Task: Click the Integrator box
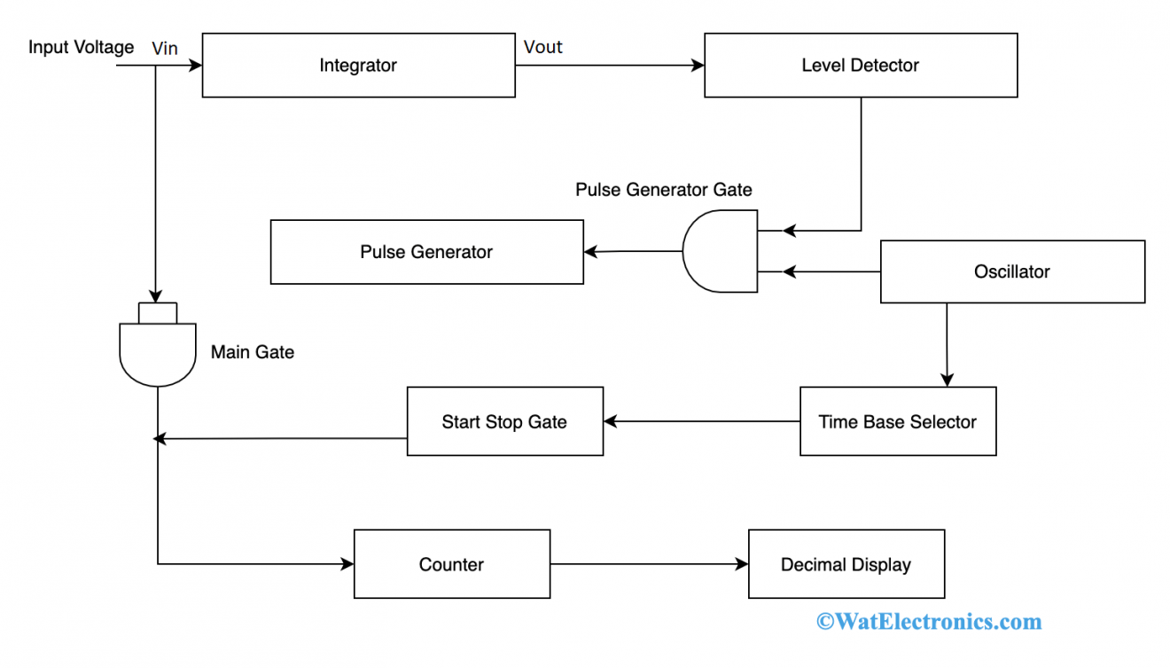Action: [x=358, y=66]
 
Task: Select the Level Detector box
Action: [x=860, y=66]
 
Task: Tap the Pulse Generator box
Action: [x=426, y=252]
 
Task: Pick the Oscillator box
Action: [x=1011, y=271]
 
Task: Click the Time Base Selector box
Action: [x=897, y=421]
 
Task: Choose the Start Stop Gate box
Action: [x=504, y=421]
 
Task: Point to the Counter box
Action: [x=451, y=564]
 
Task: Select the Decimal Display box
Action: [x=846, y=564]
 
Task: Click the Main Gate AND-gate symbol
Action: [x=158, y=351]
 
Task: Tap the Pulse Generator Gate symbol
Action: [x=719, y=252]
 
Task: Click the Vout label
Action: [x=542, y=47]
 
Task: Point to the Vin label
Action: [x=165, y=49]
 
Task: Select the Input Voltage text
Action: [x=81, y=47]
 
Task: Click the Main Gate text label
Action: [x=252, y=352]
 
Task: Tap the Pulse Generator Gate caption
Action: [x=663, y=189]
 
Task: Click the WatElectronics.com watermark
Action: [x=928, y=621]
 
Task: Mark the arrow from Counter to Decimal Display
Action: [x=649, y=564]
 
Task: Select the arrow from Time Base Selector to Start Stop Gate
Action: [x=701, y=421]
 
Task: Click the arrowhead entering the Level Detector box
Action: [x=698, y=66]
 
